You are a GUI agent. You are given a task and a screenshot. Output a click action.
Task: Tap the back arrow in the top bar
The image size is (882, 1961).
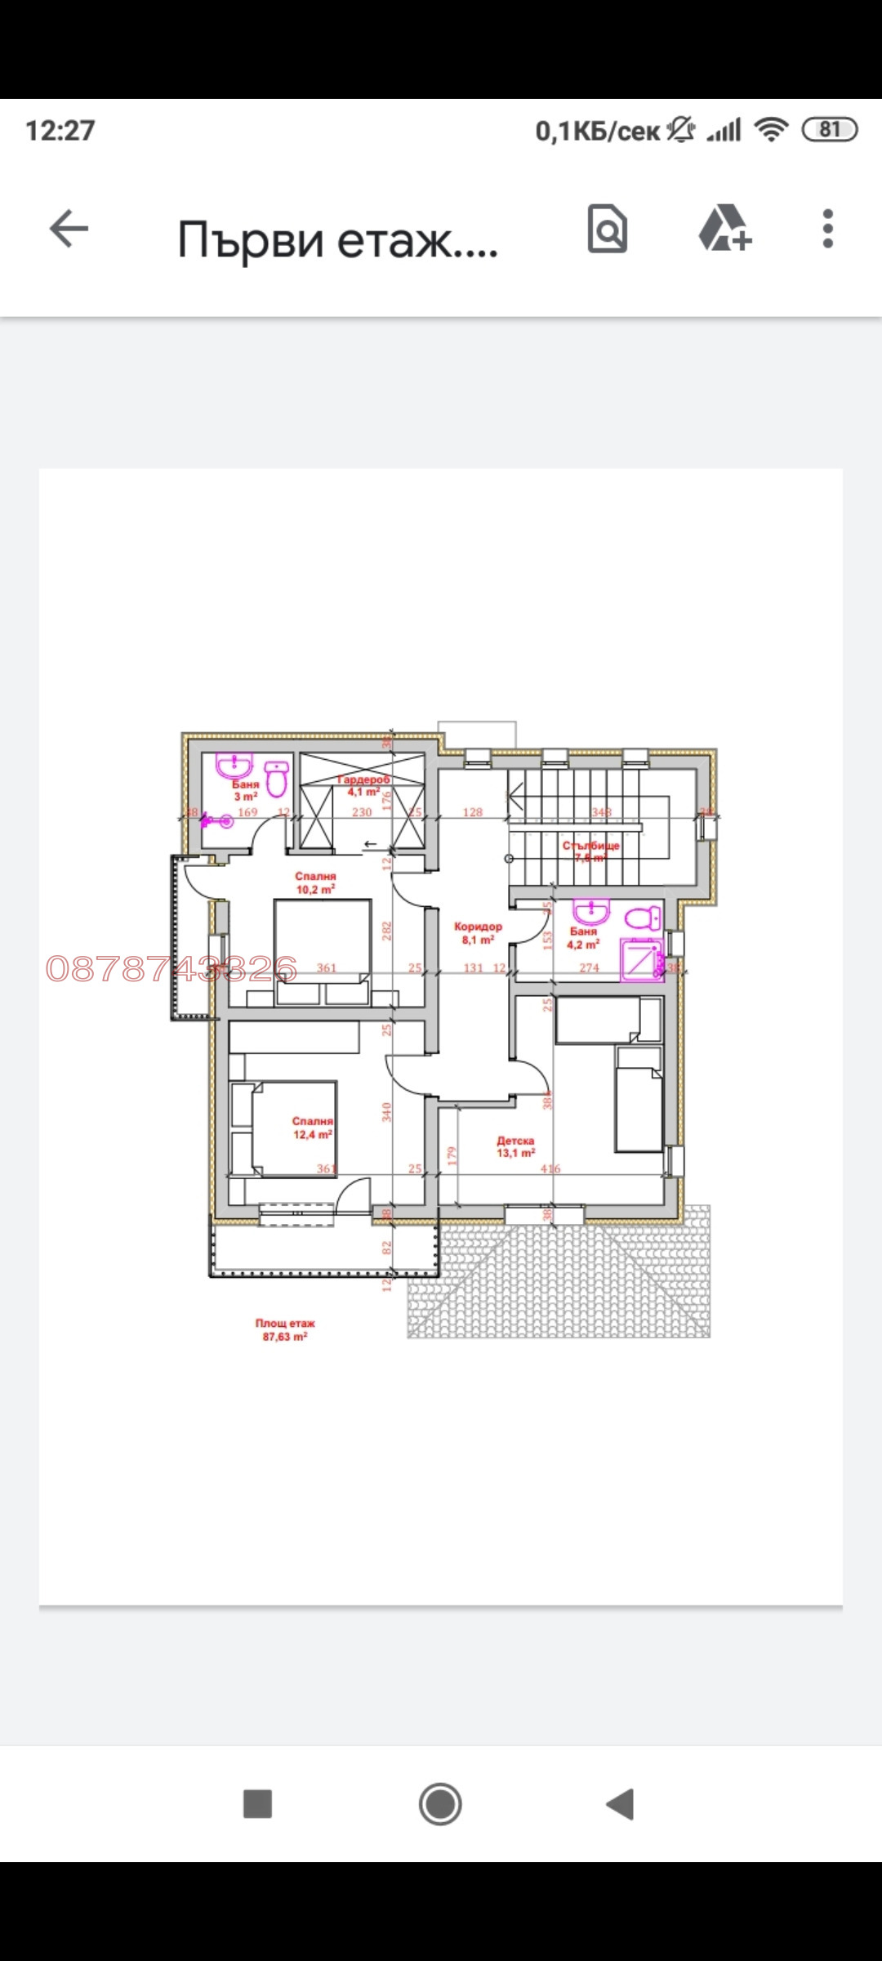[x=69, y=228]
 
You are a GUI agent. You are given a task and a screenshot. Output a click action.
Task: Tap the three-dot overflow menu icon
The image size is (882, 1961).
[x=827, y=228]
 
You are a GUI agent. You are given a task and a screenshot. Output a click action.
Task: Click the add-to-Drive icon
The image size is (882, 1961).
[x=724, y=228]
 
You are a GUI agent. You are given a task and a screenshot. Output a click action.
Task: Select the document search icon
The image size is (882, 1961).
[x=608, y=228]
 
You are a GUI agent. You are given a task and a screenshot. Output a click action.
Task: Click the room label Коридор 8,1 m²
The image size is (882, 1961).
[x=479, y=933]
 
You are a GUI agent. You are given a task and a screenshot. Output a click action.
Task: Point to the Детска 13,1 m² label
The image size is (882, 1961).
[x=516, y=1146]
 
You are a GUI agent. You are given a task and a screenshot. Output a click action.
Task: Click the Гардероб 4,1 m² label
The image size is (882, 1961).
[x=363, y=785]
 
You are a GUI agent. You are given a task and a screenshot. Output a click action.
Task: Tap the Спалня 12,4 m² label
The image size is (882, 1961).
[x=313, y=1128]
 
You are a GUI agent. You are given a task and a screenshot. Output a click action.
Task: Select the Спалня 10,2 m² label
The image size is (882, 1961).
[x=316, y=882]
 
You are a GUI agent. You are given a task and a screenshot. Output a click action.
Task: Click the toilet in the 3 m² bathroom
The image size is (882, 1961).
[x=277, y=779]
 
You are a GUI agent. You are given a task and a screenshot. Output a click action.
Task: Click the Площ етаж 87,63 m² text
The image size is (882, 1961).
[x=285, y=1329]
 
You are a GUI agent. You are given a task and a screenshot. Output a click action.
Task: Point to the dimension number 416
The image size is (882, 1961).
[x=550, y=1168]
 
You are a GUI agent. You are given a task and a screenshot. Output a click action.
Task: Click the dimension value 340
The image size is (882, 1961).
[x=387, y=1111]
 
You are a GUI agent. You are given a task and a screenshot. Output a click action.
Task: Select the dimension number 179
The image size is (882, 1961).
[x=452, y=1155]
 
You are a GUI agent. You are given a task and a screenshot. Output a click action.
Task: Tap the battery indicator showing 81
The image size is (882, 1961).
[x=830, y=130]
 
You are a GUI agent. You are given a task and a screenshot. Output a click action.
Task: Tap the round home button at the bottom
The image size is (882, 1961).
[x=440, y=1803]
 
